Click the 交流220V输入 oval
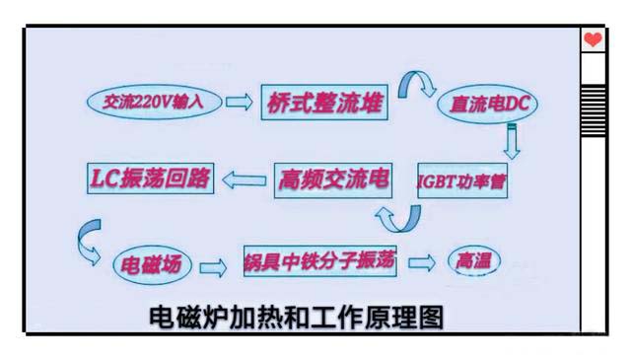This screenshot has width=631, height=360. (148, 101)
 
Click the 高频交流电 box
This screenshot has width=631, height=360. (333, 180)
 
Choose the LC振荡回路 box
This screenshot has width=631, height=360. (149, 178)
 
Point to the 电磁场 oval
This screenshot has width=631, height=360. (148, 265)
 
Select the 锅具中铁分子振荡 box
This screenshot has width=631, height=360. (319, 263)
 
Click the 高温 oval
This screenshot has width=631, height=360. (472, 261)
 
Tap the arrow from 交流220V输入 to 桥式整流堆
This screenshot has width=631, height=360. (240, 101)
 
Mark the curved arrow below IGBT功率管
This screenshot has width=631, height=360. (400, 216)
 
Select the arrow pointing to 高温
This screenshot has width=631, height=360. (422, 262)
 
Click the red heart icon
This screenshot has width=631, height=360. (592, 39)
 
